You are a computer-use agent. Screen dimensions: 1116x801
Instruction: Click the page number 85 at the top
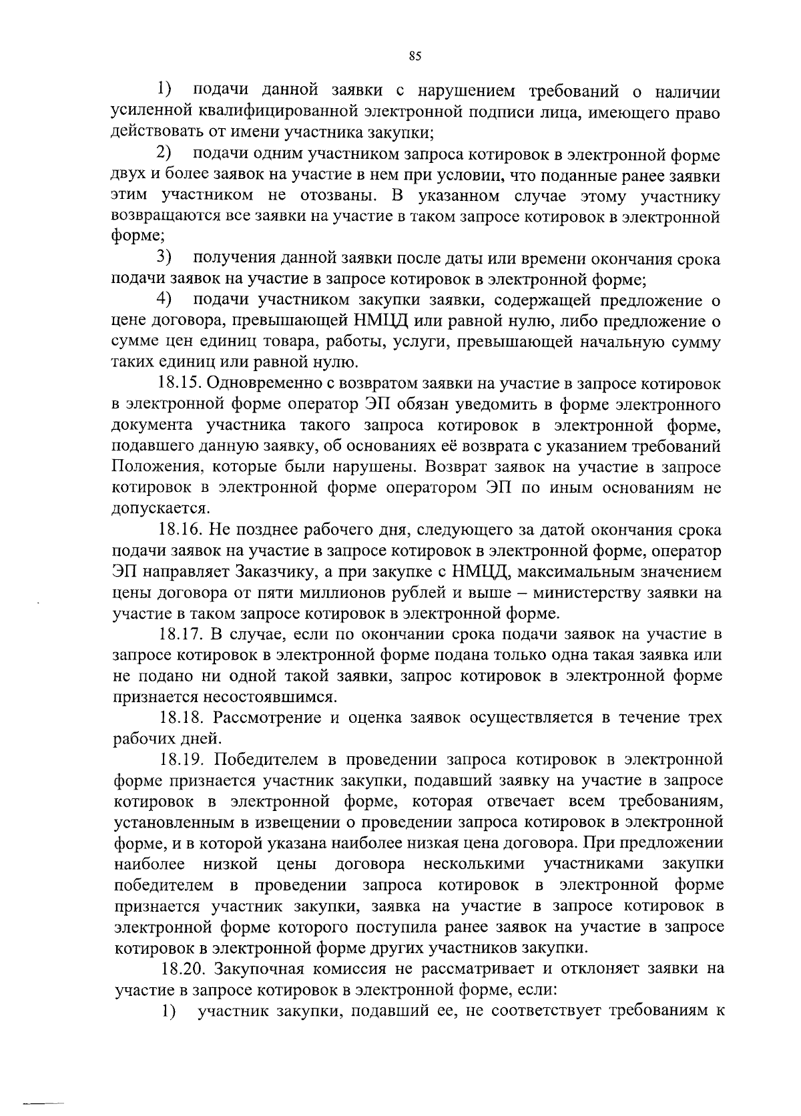coord(414,57)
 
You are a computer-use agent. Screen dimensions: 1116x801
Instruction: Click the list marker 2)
coord(164,154)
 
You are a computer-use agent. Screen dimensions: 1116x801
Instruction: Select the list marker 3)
coord(164,258)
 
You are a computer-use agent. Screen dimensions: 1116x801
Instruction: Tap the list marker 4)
coord(164,300)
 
